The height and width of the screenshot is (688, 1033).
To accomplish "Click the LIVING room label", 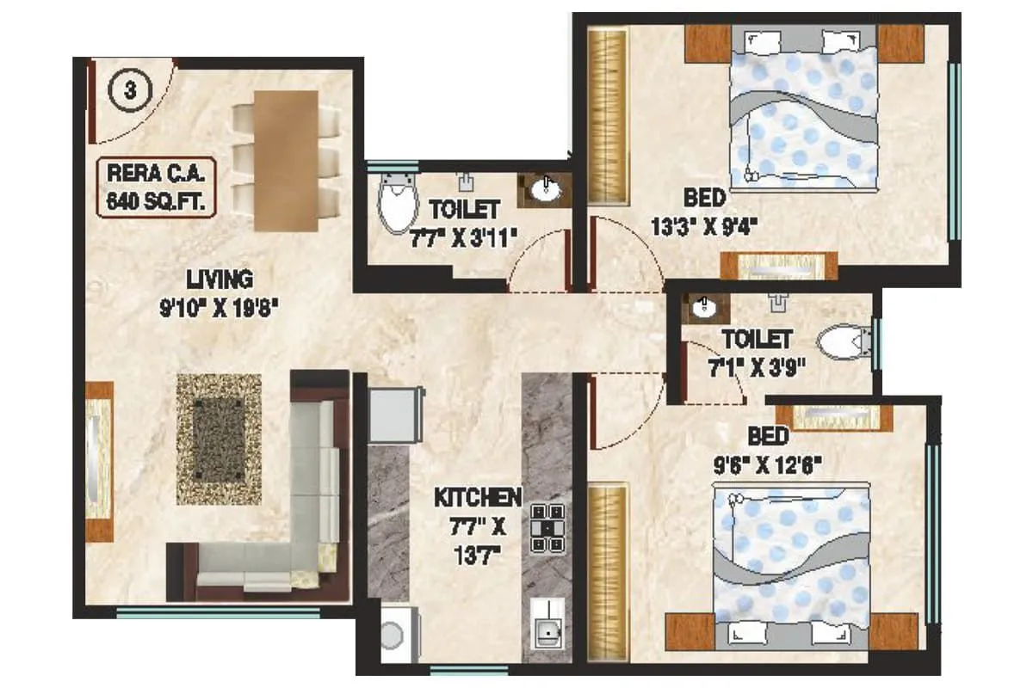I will point(220,279).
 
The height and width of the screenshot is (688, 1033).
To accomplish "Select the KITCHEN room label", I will point(477,497).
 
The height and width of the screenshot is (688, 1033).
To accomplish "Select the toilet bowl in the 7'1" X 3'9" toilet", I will point(841,343).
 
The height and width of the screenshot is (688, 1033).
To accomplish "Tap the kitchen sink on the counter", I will point(547,630).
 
